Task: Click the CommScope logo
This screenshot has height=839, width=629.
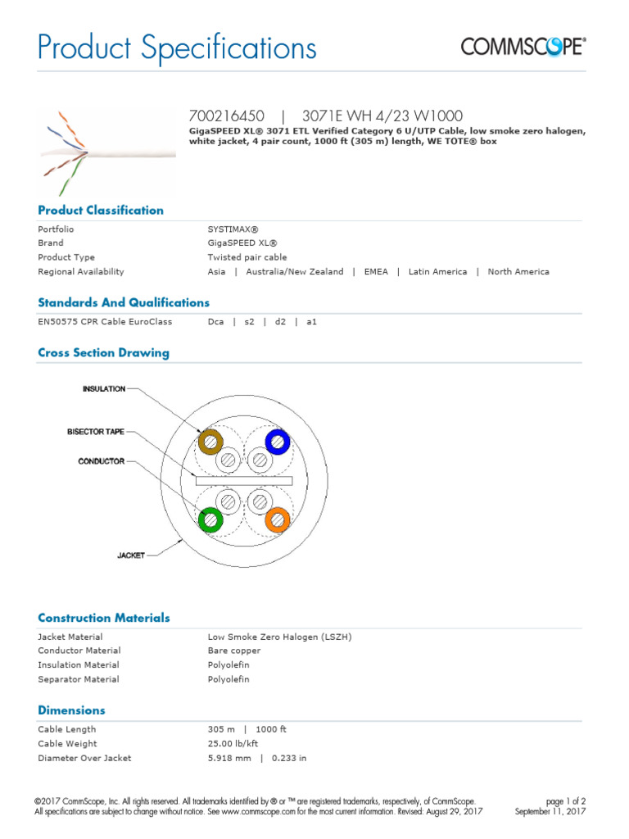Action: click(523, 47)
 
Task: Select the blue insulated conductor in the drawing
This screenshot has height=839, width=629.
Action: click(278, 443)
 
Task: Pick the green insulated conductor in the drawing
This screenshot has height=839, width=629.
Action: click(211, 519)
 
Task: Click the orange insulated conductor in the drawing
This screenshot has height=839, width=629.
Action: click(278, 519)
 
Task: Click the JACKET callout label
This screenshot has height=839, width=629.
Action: click(131, 556)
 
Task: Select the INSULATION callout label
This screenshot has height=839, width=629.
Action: click(104, 389)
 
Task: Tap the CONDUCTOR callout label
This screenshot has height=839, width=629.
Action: click(102, 461)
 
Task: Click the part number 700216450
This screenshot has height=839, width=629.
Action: click(227, 116)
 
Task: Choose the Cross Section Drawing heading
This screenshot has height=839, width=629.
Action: click(103, 353)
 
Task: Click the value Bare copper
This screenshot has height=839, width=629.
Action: click(234, 651)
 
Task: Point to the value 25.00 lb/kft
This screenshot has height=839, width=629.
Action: click(234, 744)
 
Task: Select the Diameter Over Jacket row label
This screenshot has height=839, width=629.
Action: click(84, 759)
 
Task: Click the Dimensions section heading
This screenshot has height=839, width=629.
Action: click(71, 710)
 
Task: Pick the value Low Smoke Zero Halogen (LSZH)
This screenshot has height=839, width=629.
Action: click(279, 637)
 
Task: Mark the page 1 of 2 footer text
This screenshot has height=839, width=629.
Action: click(565, 801)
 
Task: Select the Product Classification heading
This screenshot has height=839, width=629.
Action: click(101, 211)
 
